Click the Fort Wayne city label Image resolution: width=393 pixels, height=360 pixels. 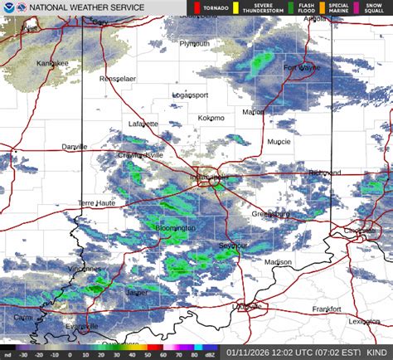[302, 68]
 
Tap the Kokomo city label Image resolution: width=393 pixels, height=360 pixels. [211, 118]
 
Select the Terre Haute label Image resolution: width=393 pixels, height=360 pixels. [98, 203]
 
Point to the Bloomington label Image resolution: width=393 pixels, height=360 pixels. [175, 227]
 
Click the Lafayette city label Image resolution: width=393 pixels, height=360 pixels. [143, 124]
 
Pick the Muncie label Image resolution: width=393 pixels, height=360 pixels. [279, 142]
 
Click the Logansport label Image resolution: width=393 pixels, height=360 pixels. [190, 95]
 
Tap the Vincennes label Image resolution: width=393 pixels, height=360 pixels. [84, 269]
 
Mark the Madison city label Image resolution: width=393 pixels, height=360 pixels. [278, 262]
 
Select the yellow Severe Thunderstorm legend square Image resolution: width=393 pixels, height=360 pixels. [235, 8]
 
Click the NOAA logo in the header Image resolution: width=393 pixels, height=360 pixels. [9, 8]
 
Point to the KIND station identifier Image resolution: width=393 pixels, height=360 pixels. [378, 352]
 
